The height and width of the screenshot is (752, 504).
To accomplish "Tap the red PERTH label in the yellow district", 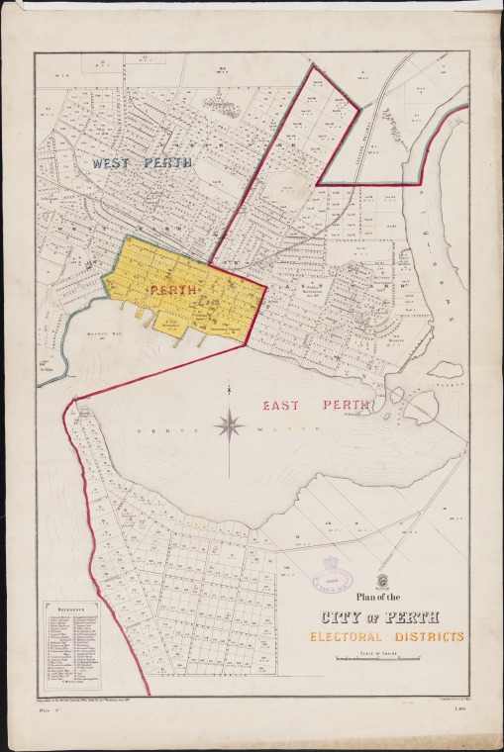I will click(173, 290).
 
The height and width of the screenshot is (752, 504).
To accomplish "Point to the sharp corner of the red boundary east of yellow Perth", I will click(265, 287).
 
